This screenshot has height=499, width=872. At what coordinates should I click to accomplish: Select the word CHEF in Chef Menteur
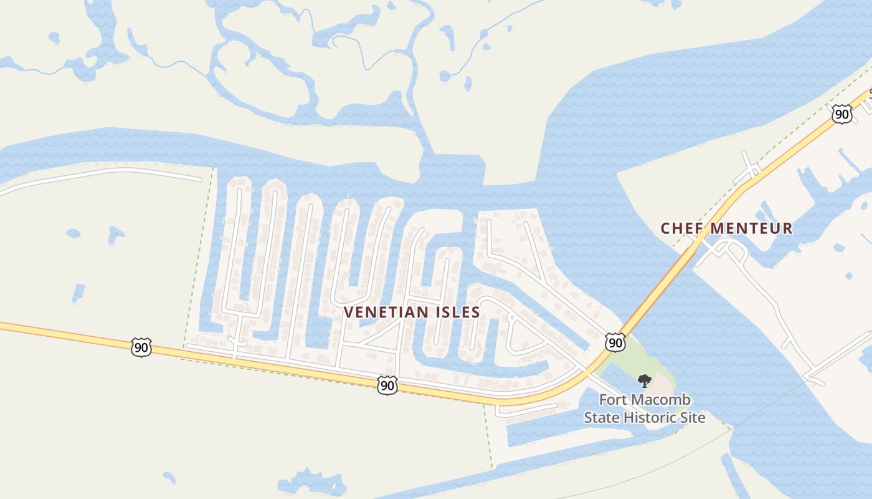[681, 228]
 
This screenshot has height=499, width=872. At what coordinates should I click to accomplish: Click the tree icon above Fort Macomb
[645, 380]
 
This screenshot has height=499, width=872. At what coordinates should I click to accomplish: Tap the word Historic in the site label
[655, 417]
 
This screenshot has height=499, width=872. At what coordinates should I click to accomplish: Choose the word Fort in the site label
[614, 399]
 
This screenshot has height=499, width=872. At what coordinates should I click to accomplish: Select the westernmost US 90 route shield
[141, 347]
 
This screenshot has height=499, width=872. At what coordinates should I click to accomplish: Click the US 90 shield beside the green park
[615, 342]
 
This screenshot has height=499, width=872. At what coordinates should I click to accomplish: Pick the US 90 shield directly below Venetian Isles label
[387, 385]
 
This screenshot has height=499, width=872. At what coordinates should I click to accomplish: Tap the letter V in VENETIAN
[348, 312]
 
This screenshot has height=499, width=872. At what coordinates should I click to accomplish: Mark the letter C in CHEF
[665, 228]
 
